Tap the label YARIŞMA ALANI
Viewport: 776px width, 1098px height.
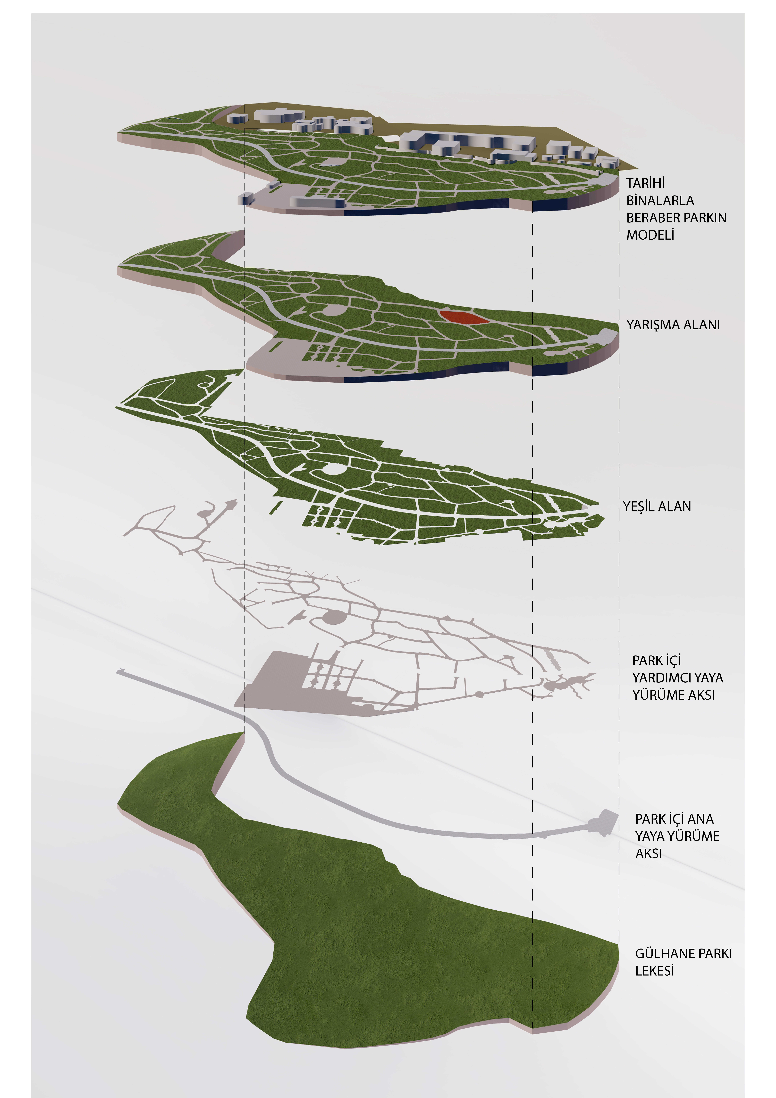(673, 325)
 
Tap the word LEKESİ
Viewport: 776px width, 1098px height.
(654, 971)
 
